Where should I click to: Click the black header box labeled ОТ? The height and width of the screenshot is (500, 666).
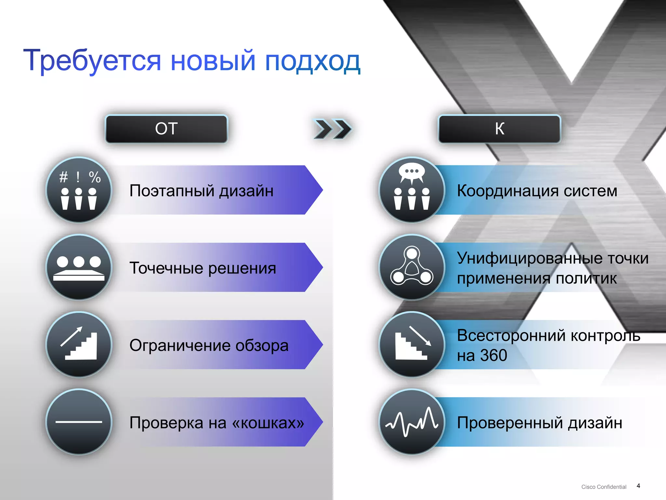tap(166, 129)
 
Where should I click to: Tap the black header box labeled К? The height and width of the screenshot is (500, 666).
tap(499, 129)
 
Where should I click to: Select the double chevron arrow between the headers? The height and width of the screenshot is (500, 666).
tap(332, 129)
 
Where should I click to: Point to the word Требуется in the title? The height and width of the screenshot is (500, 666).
tap(92, 61)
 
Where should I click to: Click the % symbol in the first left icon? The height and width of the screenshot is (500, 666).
tap(95, 177)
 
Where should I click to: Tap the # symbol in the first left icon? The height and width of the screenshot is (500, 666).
tap(63, 177)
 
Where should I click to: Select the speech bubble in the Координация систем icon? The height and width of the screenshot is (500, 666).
tap(412, 172)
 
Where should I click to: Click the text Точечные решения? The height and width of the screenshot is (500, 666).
tap(203, 268)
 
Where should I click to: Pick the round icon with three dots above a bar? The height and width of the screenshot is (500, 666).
tap(79, 267)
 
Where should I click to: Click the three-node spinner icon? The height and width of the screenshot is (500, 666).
tap(412, 267)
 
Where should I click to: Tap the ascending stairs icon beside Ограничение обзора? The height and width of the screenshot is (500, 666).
tap(79, 344)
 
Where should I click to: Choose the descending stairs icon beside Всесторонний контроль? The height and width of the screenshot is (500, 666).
tap(412, 344)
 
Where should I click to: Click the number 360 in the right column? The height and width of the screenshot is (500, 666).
tap(494, 355)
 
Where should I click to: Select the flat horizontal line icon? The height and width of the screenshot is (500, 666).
tap(79, 422)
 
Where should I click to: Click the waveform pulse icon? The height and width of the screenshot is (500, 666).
tap(412, 422)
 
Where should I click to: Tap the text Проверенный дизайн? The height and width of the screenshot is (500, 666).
tap(539, 423)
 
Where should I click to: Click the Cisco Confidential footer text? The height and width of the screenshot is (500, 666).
tap(604, 487)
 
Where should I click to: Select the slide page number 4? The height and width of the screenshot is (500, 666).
tap(638, 486)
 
